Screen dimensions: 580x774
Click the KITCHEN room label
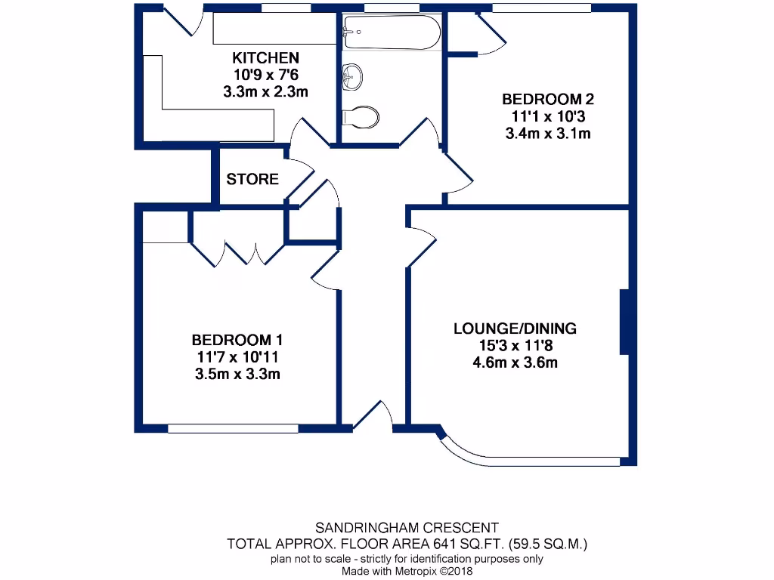pos(265,58)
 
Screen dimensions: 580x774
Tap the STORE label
pos(252,180)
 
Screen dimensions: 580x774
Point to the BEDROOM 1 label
pos(237,340)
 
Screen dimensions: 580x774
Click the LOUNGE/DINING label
pos(515,329)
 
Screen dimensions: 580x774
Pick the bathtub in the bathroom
pos(391,32)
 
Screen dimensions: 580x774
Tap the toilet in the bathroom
pos(361,117)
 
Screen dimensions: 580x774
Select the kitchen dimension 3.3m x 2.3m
pos(265,91)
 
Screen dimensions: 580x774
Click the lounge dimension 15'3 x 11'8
pos(515,346)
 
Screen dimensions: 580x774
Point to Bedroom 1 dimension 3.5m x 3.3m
pos(237,373)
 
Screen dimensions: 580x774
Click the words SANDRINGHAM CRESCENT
pos(407,527)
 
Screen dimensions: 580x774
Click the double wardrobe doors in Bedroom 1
pos(239,253)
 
